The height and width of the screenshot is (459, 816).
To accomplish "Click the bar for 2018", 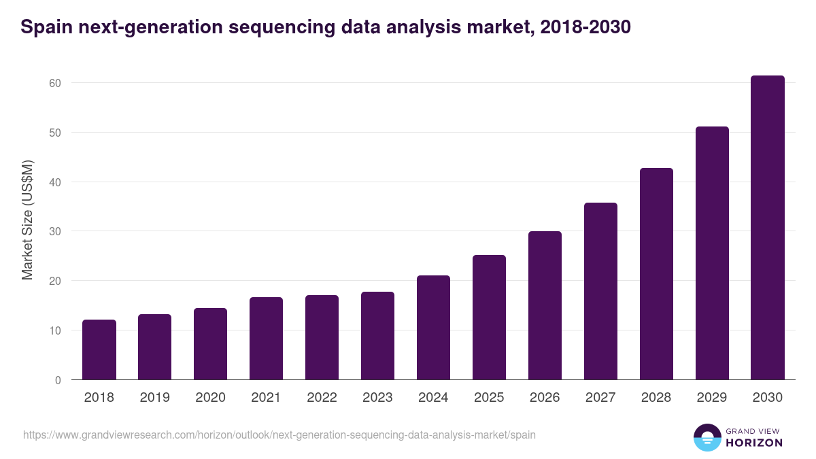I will (x=99, y=350).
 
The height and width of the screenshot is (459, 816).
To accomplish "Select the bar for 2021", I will (x=266, y=339).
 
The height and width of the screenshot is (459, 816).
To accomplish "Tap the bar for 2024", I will (x=433, y=328).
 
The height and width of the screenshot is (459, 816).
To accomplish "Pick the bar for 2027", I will (x=600, y=291).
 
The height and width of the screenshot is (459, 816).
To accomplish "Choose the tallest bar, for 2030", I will (x=768, y=228).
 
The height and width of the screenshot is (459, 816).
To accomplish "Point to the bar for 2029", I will (x=712, y=253).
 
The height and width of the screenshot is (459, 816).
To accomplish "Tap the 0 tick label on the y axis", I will (x=58, y=380).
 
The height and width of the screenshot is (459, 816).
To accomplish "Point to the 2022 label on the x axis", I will (x=322, y=398).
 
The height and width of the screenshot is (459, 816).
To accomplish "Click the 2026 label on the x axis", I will (x=545, y=398).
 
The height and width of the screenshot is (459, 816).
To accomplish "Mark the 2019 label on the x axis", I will (x=154, y=398).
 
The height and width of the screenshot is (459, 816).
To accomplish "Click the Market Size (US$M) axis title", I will (x=27, y=220).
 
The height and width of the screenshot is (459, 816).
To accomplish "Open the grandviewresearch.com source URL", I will (x=279, y=435).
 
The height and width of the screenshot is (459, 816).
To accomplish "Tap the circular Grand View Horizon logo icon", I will (x=707, y=437).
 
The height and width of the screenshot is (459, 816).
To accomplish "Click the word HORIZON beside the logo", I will (x=753, y=443).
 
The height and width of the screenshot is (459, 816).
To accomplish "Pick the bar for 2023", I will (x=377, y=336).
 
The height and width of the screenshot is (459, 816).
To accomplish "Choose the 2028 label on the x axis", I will (x=656, y=398).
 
